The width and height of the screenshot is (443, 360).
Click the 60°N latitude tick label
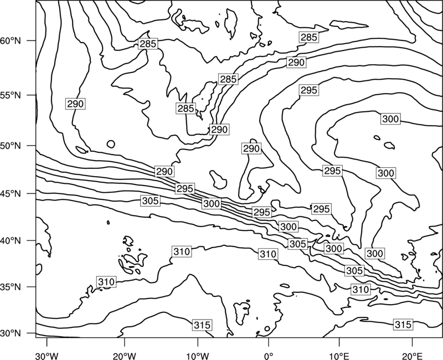pyautogui.click(x=11, y=41)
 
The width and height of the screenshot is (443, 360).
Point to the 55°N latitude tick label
pyautogui.click(x=11, y=95)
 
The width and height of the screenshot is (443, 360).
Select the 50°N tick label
pyautogui.click(x=11, y=146)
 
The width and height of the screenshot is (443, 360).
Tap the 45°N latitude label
pyautogui.click(x=11, y=193)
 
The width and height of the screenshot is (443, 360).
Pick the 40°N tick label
pyautogui.click(x=11, y=241)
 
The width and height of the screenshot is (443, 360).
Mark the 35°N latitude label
pyautogui.click(x=11, y=287)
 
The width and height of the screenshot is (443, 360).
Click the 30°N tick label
pyautogui.click(x=11, y=333)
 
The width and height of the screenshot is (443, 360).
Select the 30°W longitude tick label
pyautogui.click(x=47, y=356)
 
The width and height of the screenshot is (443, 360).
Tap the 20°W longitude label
pyautogui.click(x=124, y=356)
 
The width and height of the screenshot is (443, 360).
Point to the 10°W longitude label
pyautogui.click(x=198, y=356)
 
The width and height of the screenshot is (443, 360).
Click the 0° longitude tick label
pyautogui.click(x=269, y=356)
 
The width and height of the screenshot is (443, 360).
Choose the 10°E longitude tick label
pyautogui.click(x=339, y=356)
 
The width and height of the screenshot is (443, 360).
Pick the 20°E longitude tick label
pyautogui.click(x=412, y=356)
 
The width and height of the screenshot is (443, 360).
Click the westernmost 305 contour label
pyautogui.click(x=150, y=200)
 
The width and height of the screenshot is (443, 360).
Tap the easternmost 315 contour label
pyautogui.click(x=403, y=325)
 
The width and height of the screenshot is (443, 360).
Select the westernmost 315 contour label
pyautogui.click(x=202, y=325)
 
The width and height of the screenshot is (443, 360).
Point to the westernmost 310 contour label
pyautogui.click(x=106, y=282)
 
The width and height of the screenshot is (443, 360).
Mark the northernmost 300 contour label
pyautogui.click(x=390, y=119)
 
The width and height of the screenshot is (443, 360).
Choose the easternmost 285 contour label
pyautogui.click(x=309, y=37)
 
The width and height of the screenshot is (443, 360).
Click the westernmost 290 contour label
pyautogui.click(x=75, y=104)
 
